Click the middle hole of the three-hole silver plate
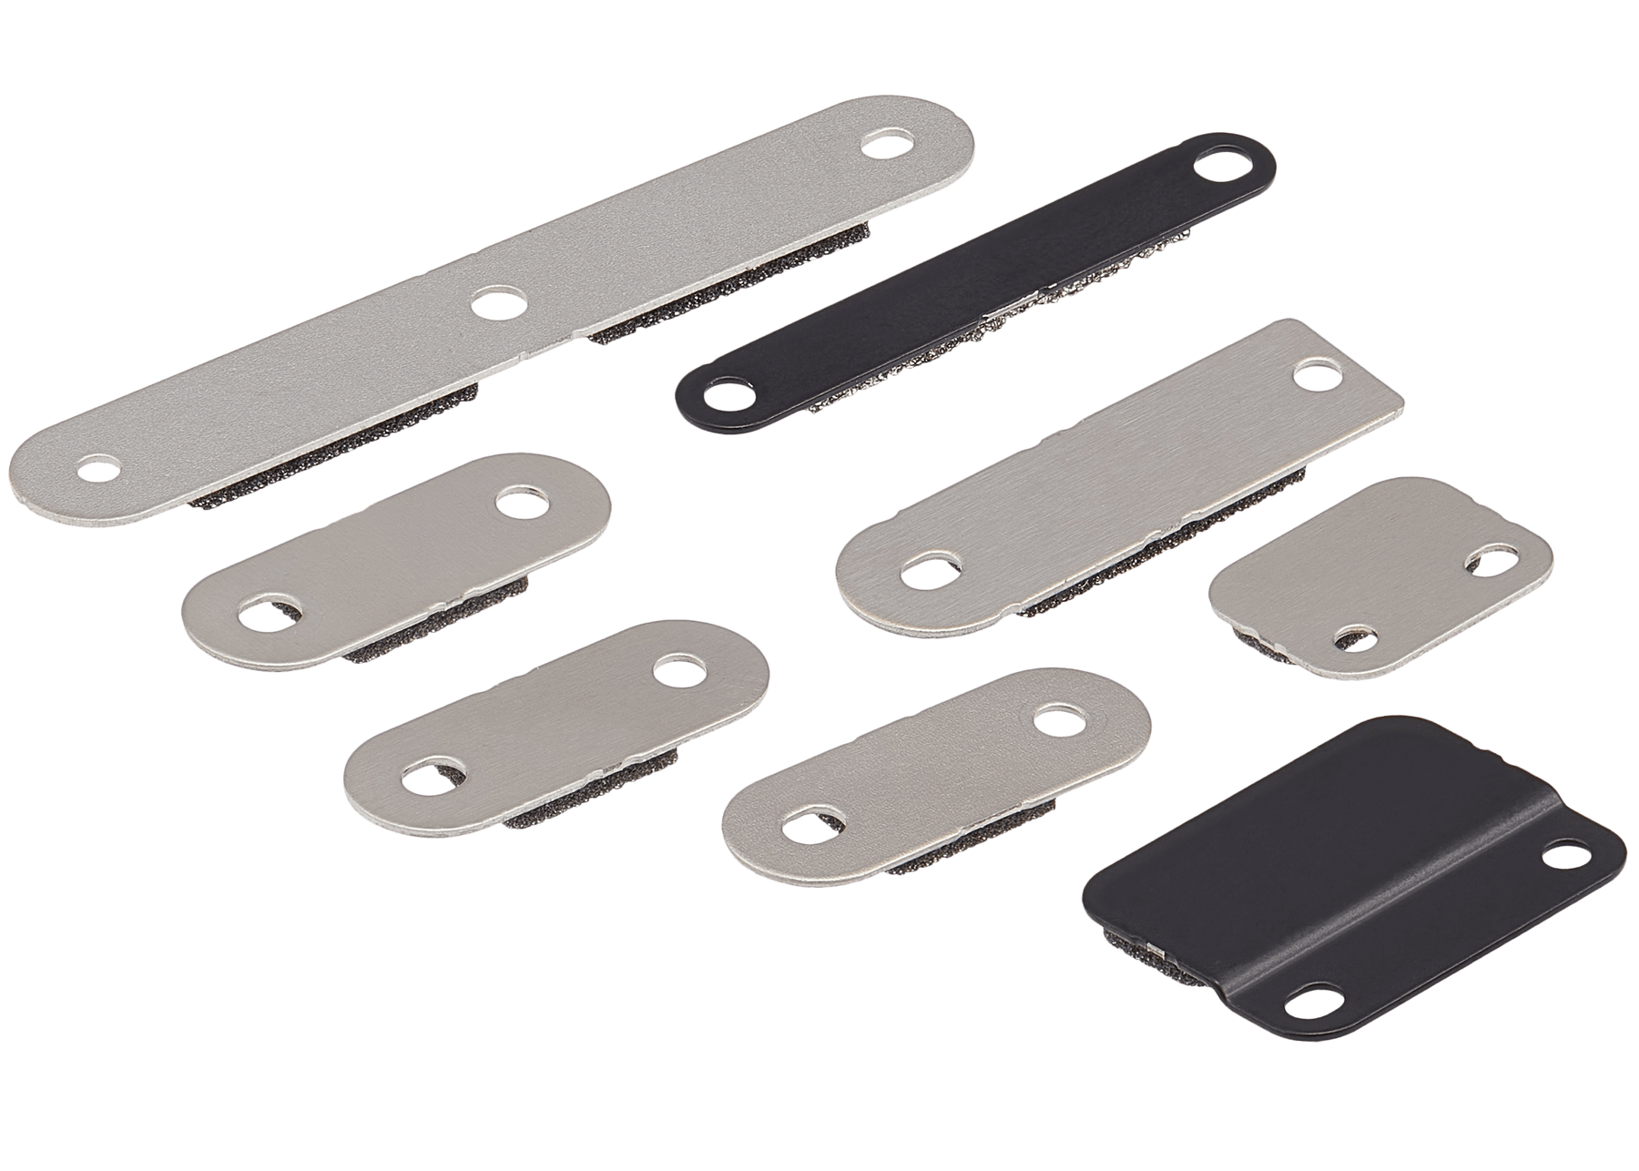click(499, 303)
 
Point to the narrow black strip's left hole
click(723, 397)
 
